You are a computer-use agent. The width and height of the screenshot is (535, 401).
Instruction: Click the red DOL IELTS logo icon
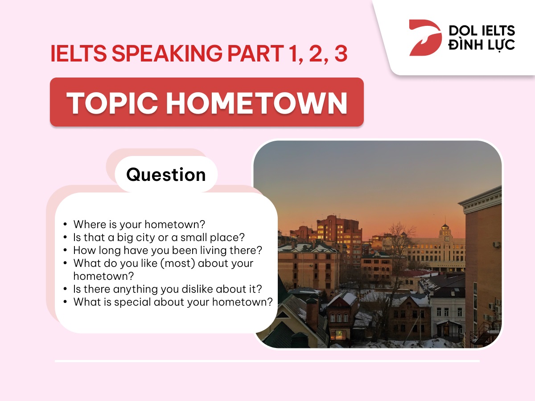tap(425, 38)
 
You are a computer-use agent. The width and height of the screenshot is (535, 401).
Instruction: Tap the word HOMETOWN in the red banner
tap(257, 103)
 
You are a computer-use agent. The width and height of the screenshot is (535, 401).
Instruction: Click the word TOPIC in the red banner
tap(112, 103)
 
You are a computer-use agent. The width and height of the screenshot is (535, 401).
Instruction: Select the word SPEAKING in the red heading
tap(167, 53)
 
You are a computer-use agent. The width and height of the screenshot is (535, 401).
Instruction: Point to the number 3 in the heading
tap(341, 53)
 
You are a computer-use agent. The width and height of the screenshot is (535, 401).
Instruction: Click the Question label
tap(166, 175)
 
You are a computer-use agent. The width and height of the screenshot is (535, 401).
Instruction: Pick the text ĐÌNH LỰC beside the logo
tap(481, 45)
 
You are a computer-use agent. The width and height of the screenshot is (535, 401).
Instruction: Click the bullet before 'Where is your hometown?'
tap(65, 225)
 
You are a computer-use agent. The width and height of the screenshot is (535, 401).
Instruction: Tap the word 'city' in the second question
tap(146, 237)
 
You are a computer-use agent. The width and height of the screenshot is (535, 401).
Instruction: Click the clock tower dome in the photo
tap(445, 227)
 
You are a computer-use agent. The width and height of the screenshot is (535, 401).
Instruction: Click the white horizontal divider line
tap(267, 361)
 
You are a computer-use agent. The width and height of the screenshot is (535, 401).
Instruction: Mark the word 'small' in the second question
tap(194, 237)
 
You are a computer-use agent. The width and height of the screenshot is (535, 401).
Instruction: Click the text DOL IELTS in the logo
tap(482, 31)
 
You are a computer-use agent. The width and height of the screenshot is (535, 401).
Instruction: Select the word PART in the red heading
tap(255, 53)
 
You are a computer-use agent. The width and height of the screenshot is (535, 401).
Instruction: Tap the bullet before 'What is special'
tap(65, 302)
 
